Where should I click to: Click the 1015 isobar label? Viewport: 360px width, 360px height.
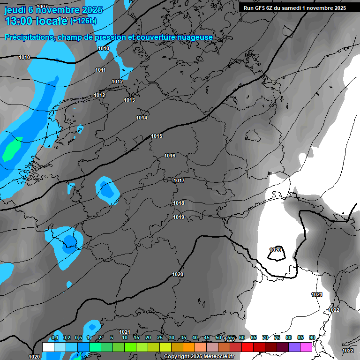click(x=157, y=136)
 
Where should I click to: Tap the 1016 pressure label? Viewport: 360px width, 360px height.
click(x=170, y=156)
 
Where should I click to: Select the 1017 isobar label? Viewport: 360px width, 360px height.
click(x=179, y=180)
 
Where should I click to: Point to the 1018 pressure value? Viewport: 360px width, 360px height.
click(x=179, y=203)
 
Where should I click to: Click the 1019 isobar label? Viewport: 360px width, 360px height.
click(x=179, y=217)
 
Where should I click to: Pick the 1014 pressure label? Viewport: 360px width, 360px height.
click(x=142, y=118)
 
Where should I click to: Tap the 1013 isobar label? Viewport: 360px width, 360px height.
click(x=129, y=100)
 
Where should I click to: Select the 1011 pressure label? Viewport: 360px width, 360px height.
click(x=100, y=70)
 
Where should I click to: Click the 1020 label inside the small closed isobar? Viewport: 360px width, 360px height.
click(x=275, y=250)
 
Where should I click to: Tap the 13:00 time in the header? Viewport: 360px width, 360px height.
click(x=21, y=21)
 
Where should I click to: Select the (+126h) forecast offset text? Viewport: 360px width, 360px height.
click(x=83, y=21)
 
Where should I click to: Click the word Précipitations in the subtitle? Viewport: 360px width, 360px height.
click(x=29, y=37)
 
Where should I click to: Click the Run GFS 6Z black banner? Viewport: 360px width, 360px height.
click(x=294, y=8)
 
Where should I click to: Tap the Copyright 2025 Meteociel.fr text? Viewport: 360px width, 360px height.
click(x=199, y=356)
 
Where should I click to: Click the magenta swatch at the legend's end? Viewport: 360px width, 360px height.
click(x=306, y=347)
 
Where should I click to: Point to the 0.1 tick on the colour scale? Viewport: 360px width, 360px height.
click(x=55, y=338)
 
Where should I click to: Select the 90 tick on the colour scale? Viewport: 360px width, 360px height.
click(x=312, y=338)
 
